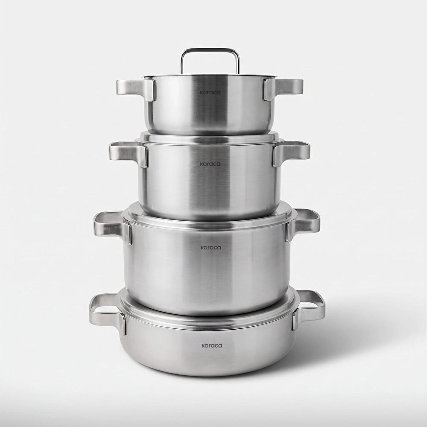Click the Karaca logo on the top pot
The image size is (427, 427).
pyautogui.click(x=210, y=92)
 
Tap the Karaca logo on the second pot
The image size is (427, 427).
pyautogui.click(x=210, y=164)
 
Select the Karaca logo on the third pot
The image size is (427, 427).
pyautogui.click(x=211, y=248)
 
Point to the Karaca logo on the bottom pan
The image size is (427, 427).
pyautogui.click(x=212, y=345)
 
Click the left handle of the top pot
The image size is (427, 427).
pyautogui.click(x=136, y=88)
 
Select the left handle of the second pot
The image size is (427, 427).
pyautogui.click(x=129, y=152)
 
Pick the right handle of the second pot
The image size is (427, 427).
pyautogui.click(x=291, y=152)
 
